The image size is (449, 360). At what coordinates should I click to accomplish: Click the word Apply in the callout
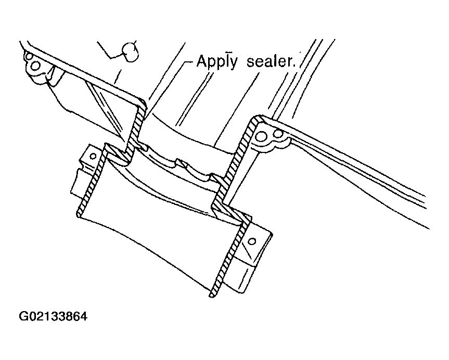pos(217,61)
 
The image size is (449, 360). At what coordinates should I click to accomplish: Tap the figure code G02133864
pos(53,316)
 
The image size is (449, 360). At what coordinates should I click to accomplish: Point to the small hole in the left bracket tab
pos(93,157)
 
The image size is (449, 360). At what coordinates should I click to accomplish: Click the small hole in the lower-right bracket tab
pos(252,241)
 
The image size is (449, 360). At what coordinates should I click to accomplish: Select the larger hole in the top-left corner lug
pos(35,67)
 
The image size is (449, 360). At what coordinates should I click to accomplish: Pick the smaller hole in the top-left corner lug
pos(28,56)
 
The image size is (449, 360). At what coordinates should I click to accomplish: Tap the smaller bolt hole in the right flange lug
pos(277,133)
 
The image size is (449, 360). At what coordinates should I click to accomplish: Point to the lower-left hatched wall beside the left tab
pos(91,181)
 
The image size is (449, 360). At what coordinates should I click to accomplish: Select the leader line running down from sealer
pos(236,109)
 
